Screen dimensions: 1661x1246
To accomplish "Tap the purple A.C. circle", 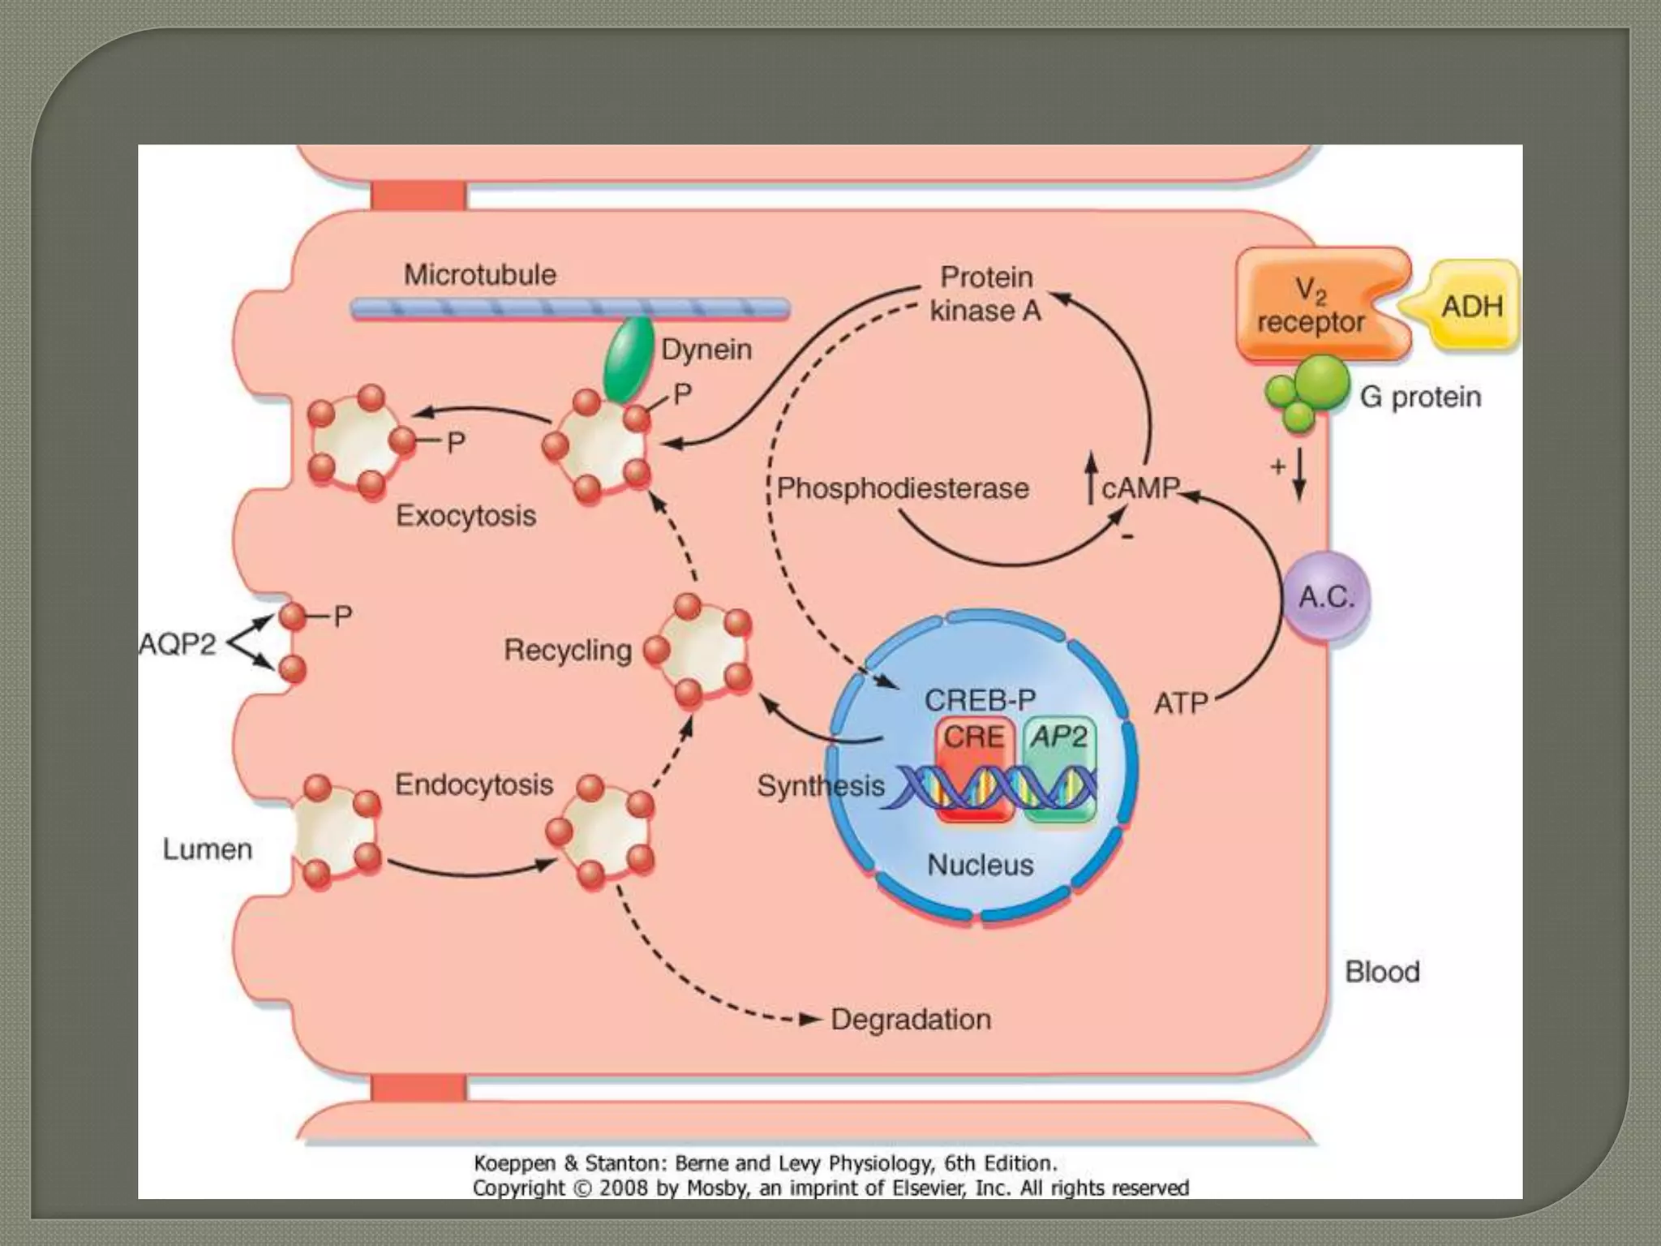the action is tap(1326, 597).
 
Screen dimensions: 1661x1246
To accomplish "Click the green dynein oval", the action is tap(629, 359).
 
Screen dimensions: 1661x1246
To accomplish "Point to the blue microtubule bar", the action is tap(570, 308).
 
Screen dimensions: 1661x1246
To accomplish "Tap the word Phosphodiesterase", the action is tap(903, 488).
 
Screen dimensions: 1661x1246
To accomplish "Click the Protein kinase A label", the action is tap(986, 294).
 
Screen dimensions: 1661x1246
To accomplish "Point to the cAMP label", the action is tap(1140, 488).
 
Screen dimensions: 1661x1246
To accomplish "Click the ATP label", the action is tap(1181, 703).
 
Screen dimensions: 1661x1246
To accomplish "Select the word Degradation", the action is tap(911, 1020).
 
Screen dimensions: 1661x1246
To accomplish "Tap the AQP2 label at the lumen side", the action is tap(178, 644).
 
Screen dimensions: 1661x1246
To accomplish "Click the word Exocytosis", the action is tap(466, 516).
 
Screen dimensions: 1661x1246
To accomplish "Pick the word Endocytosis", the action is tap(474, 784).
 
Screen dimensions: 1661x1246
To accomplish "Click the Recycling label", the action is tap(568, 650).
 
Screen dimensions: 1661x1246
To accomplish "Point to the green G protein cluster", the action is tap(1306, 394).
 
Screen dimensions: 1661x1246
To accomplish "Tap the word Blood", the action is tap(1382, 972).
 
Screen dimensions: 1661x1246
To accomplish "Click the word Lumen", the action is tap(208, 849).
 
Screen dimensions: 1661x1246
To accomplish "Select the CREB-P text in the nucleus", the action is tap(981, 699).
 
